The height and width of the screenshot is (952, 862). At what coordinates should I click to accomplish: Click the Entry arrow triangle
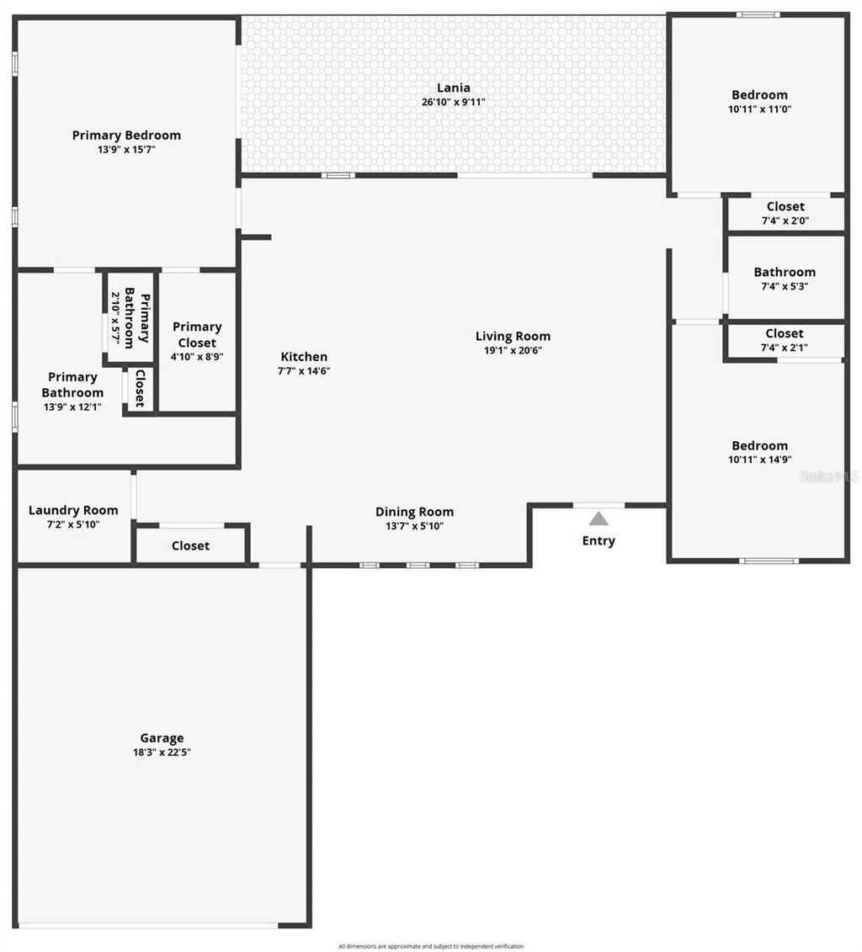(599, 519)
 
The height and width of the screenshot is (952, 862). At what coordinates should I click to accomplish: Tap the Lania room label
(454, 88)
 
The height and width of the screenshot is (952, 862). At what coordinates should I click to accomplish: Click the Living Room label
(513, 336)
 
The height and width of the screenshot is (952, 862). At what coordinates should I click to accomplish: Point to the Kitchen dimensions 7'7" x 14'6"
(304, 370)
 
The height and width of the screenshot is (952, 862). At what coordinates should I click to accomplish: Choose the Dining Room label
(414, 512)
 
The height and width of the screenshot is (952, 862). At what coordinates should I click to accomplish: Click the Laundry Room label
(73, 510)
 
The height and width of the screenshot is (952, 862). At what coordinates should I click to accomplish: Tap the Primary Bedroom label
(126, 135)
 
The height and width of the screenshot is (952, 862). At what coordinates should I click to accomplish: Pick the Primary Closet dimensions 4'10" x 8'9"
(198, 356)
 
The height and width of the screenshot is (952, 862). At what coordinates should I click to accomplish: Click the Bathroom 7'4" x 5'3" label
(785, 272)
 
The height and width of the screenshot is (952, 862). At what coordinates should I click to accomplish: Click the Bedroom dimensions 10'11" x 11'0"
(759, 109)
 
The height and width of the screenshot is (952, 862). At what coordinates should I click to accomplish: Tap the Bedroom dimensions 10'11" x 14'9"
(759, 460)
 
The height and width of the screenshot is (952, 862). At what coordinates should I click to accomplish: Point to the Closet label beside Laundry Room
(190, 545)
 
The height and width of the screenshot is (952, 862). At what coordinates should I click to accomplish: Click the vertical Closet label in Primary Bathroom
(140, 388)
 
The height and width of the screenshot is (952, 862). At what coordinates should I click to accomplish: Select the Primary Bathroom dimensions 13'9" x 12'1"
(72, 407)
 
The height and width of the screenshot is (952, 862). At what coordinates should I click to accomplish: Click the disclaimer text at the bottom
(431, 946)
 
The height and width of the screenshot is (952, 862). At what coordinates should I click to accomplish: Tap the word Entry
(599, 541)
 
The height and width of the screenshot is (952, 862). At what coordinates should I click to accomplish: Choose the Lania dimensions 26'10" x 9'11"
(454, 102)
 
